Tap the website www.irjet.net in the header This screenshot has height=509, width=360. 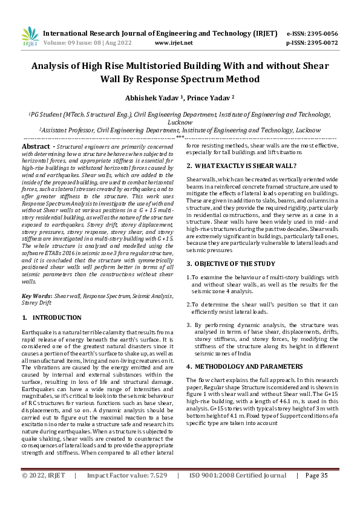click(x=174, y=43)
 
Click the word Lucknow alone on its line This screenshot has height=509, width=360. click(x=180, y=121)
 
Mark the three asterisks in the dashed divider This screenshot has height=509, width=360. click(x=180, y=138)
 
